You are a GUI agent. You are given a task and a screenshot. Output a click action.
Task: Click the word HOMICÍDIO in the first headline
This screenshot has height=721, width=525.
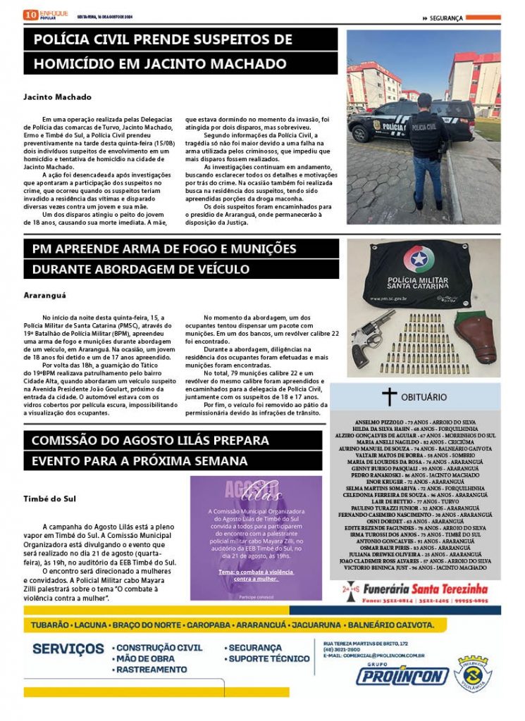pos(78,63)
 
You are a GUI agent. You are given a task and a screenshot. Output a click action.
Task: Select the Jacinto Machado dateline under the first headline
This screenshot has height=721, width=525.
pos(57,96)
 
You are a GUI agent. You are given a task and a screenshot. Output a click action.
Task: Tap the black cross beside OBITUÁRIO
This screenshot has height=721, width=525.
pos(389,396)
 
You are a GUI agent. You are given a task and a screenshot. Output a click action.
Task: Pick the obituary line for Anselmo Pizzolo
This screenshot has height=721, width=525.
pos(414,422)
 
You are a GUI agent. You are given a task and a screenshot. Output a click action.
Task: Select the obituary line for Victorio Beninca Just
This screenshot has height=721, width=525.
pos(414,567)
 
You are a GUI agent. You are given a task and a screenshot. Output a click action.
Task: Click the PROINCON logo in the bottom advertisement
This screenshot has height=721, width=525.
pos(402,676)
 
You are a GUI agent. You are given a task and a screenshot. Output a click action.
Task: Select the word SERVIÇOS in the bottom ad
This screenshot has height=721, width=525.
pos(68,648)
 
